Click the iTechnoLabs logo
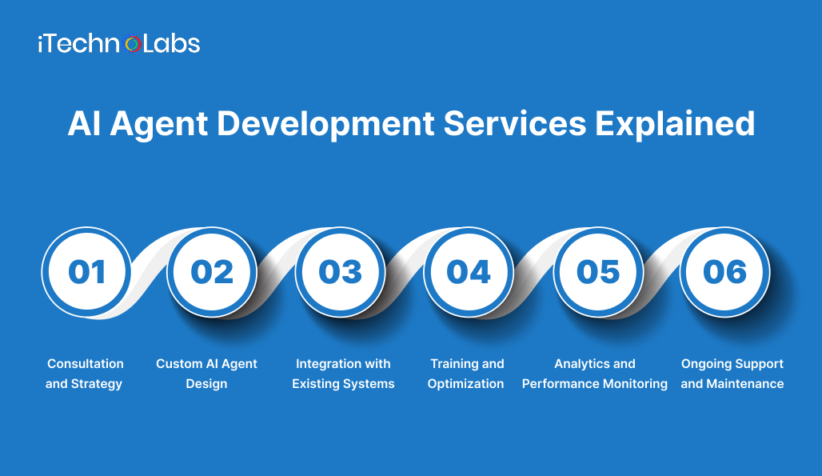point(118,44)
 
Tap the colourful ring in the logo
point(134,45)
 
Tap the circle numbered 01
point(86,272)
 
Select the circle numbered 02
point(212,272)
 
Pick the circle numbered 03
point(340,272)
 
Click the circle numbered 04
point(468,272)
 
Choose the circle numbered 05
point(597,272)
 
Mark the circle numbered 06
point(724,272)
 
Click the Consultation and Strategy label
point(85,374)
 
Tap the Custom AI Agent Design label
point(206,374)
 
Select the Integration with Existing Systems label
point(343,374)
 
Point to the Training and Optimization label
point(466,374)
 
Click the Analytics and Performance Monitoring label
point(595,374)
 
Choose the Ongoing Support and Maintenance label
point(732,374)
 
